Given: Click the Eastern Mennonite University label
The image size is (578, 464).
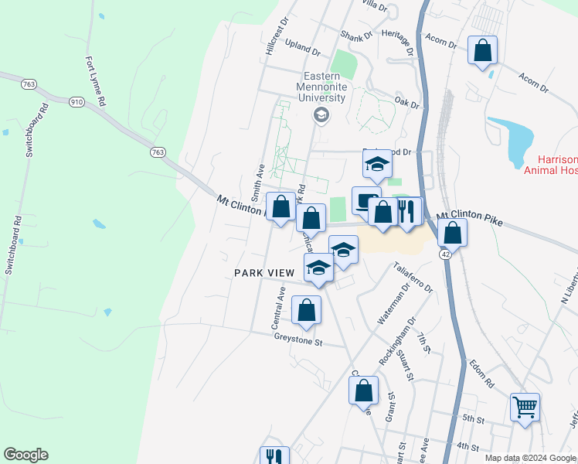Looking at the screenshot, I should (322, 88).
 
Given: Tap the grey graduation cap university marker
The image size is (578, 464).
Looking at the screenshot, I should (321, 116).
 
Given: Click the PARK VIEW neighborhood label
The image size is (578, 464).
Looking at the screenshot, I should (264, 273).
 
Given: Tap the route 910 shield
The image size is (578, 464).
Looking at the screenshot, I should (76, 101).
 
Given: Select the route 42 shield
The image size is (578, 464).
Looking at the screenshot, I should (446, 254).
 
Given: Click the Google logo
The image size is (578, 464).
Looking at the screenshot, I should (25, 455).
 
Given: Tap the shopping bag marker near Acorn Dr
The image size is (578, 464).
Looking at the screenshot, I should (483, 51).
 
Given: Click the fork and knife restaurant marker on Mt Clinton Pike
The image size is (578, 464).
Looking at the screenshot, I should (409, 210).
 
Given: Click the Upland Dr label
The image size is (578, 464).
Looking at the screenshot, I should (302, 48).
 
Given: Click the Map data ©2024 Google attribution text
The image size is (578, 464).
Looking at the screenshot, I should (530, 458).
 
